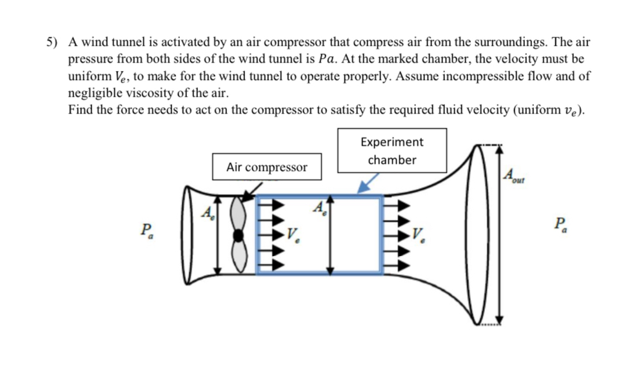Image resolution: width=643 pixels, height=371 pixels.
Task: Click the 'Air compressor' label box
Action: click(x=266, y=167)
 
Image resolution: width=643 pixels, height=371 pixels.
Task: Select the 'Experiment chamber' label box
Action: click(x=391, y=151)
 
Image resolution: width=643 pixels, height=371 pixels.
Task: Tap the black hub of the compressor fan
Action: click(x=238, y=236)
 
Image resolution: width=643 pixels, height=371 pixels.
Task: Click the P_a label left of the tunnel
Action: click(x=148, y=230)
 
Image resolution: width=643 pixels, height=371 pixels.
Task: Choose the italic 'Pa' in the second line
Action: click(x=330, y=59)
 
